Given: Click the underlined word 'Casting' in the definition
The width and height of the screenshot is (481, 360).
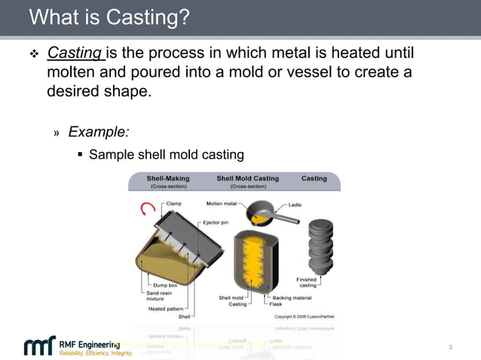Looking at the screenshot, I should coord(75,53).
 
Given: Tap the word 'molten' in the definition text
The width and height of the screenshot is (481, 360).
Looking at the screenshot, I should coord(69,73).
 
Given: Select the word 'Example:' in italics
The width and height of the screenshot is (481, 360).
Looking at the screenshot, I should coord(98,132).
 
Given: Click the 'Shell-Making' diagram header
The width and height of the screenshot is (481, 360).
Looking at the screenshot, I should coord(167,178).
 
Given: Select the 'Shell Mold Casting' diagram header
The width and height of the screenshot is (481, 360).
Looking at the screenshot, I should coord(247,178).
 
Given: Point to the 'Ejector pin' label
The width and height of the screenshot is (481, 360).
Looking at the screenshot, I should coord(216,223).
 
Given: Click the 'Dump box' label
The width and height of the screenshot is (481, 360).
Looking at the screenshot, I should coord(164,285).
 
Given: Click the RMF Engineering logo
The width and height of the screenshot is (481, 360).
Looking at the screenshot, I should coord(72,347).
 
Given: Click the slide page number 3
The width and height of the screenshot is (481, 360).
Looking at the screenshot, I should coord(450,347).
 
